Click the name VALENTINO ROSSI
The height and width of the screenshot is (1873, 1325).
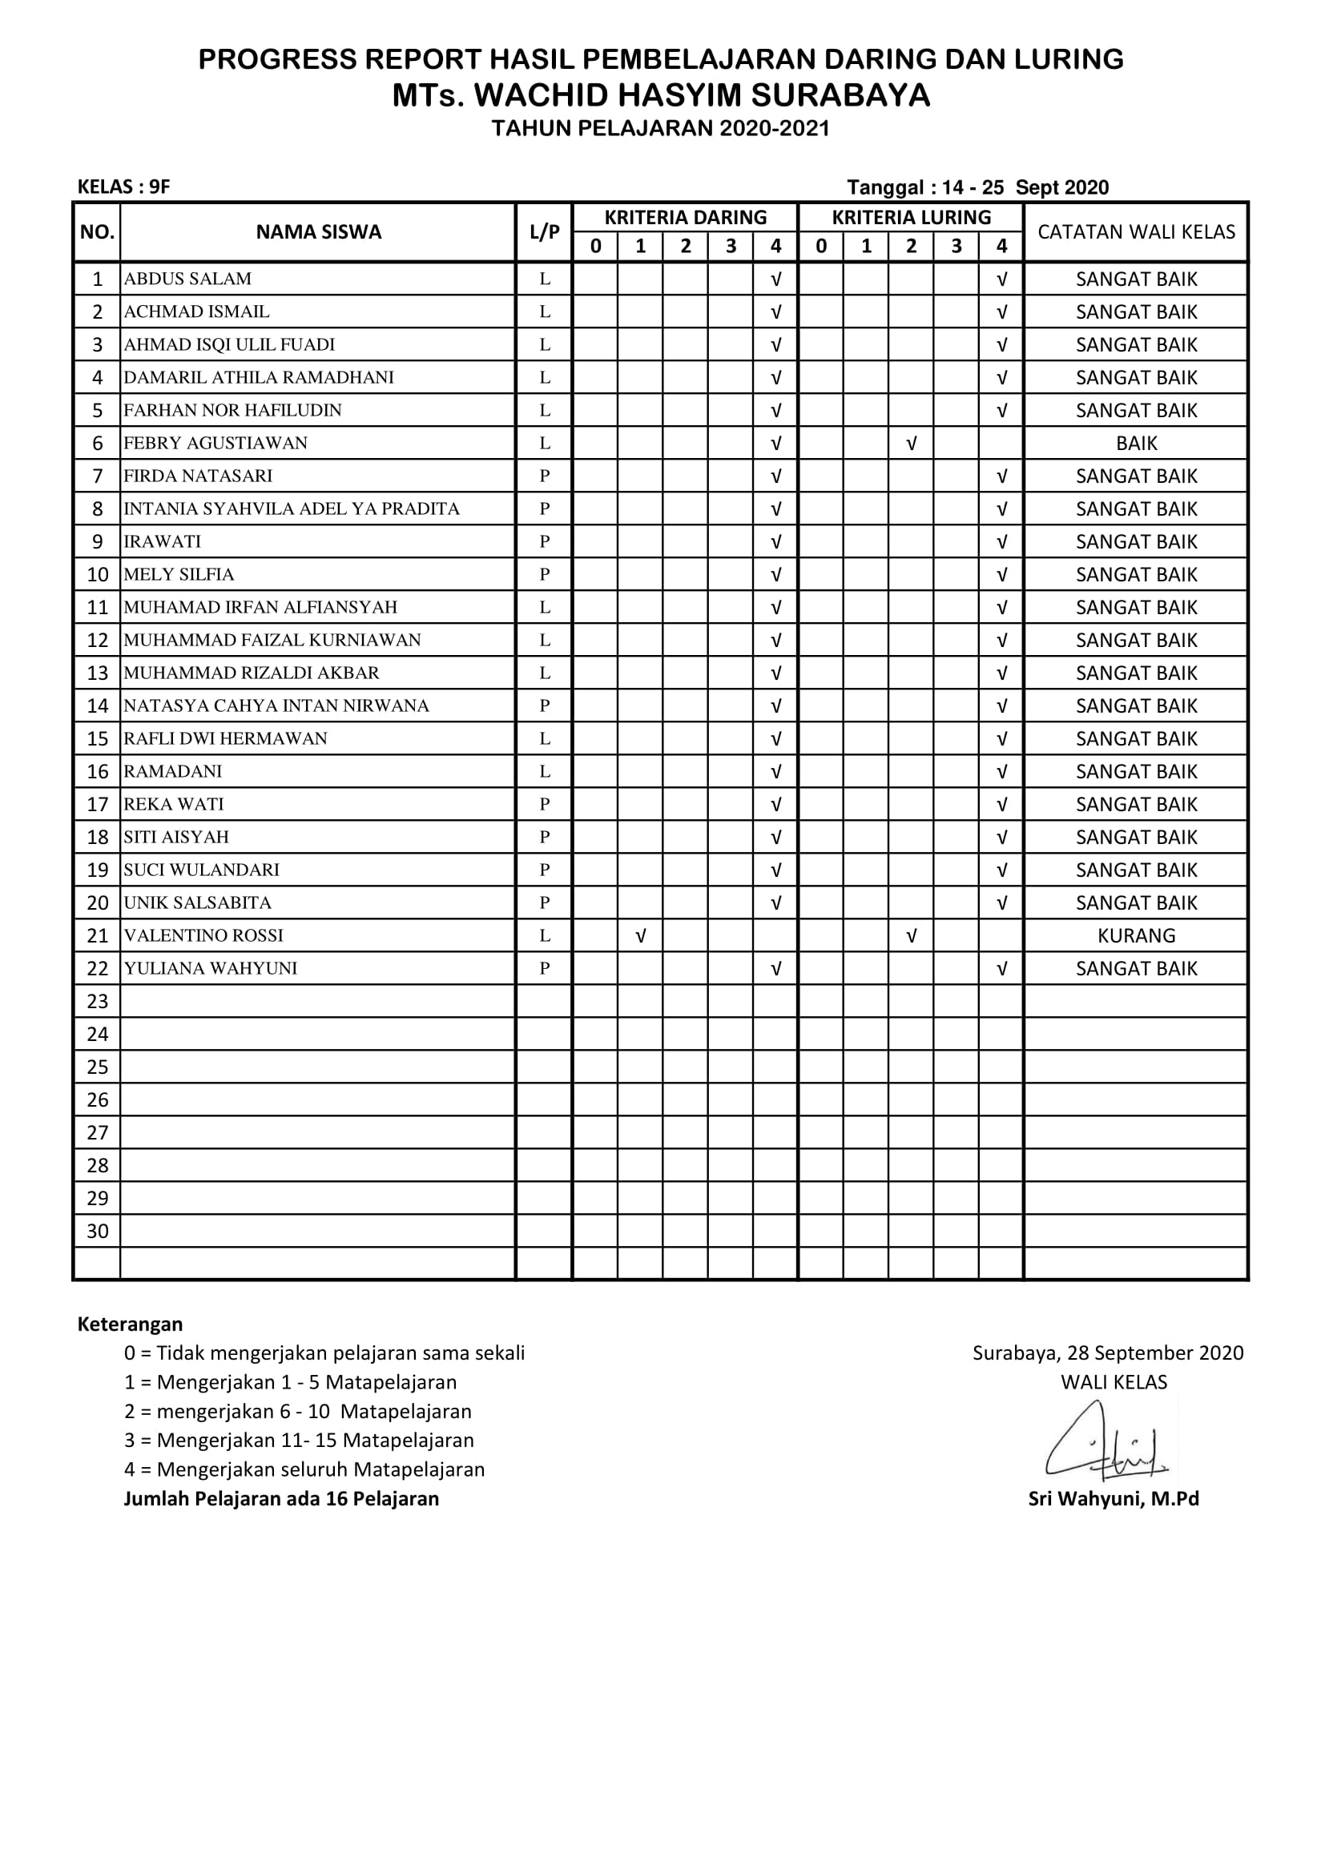coord(203,935)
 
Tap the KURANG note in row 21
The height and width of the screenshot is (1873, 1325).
coord(1136,935)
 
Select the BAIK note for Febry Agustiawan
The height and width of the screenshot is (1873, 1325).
coord(1136,443)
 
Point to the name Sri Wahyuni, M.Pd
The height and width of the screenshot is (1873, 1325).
coord(1113,1498)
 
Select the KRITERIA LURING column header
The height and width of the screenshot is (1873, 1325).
coord(911,218)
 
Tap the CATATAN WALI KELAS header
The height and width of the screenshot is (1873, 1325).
coord(1136,231)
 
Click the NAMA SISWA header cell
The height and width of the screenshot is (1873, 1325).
coord(318,231)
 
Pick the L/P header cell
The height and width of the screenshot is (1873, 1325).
coord(544,231)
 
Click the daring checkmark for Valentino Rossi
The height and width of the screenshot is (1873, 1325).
coord(641,935)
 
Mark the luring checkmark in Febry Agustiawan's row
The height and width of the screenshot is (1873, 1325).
coord(912,443)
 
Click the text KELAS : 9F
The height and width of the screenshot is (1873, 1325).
coord(124,187)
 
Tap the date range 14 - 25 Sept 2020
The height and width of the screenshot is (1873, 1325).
coord(1025,187)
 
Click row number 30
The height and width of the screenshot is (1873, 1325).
coord(97,1231)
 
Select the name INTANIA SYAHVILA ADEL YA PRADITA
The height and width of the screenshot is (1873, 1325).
coord(292,509)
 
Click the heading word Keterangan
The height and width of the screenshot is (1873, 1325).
coord(130,1324)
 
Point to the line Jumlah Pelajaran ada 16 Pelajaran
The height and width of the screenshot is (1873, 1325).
coord(280,1498)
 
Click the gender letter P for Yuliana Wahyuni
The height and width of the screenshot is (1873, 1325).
coord(544,968)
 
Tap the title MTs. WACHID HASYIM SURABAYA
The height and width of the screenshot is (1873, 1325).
coord(661,96)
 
